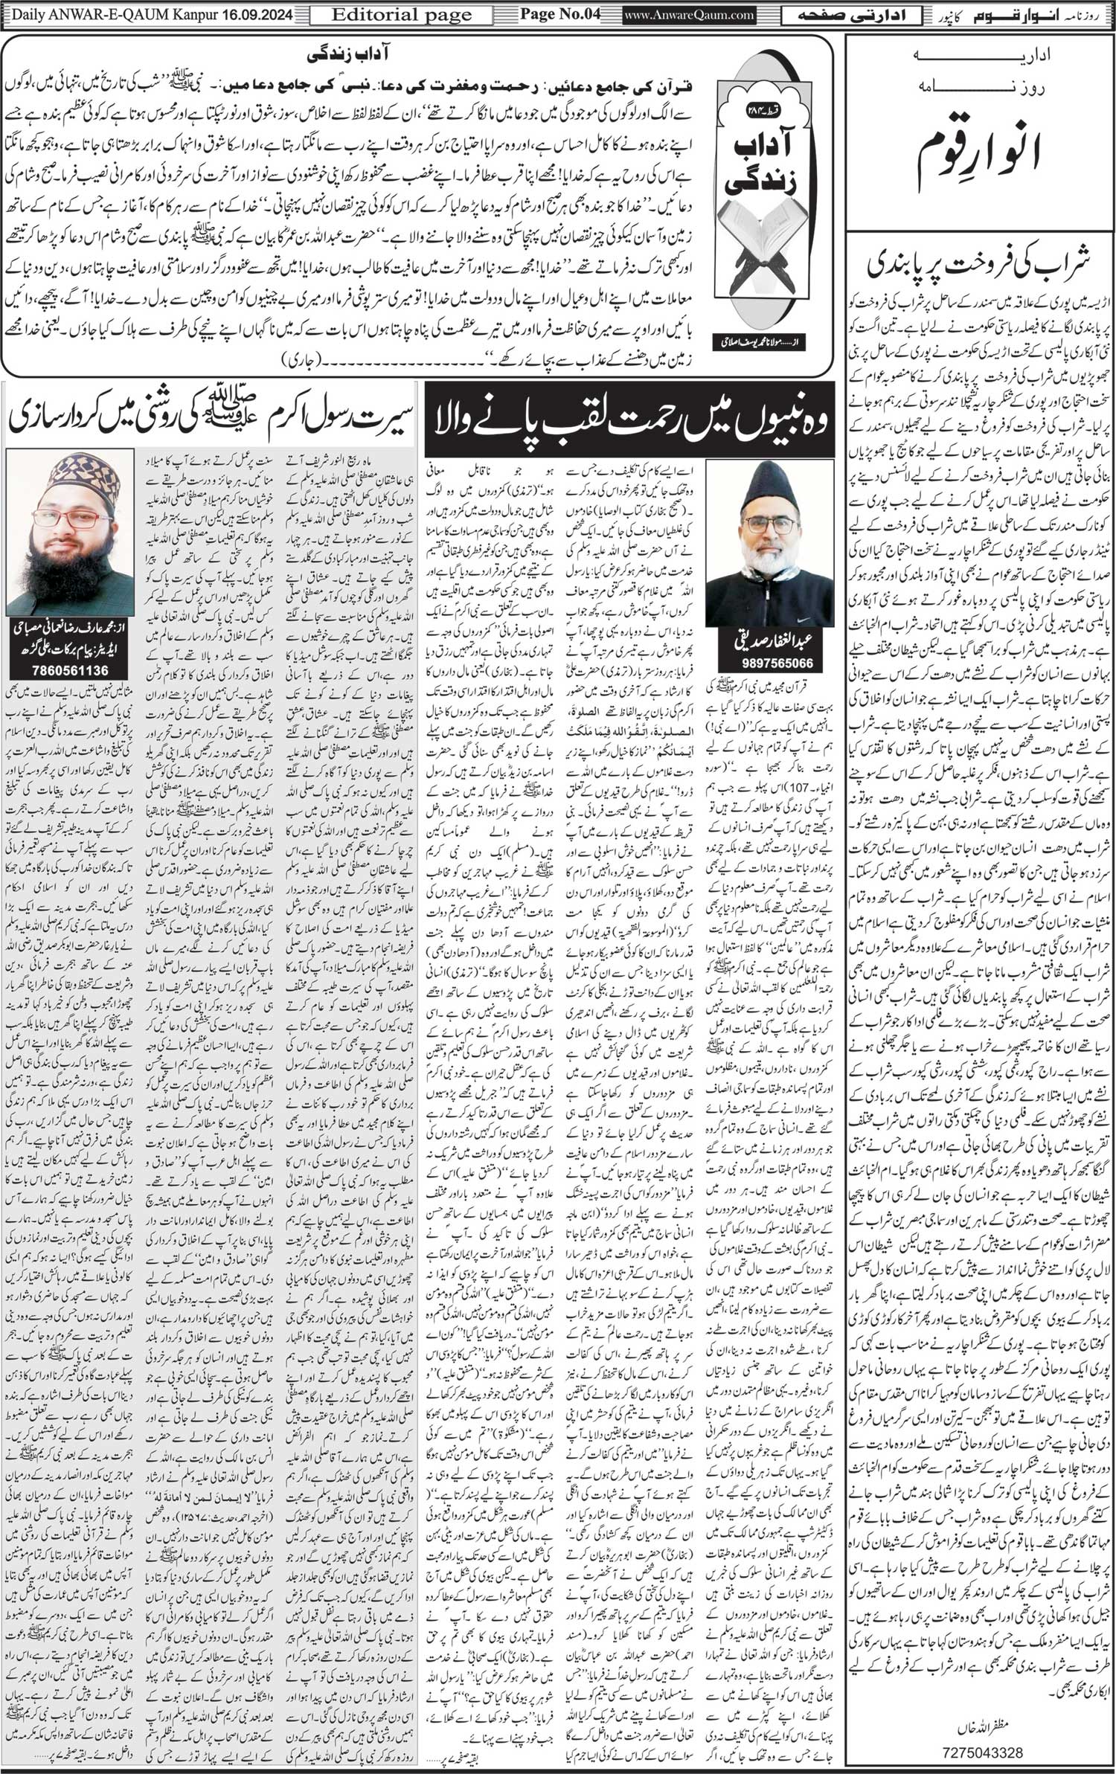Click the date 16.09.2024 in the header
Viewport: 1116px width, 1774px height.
(x=257, y=14)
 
